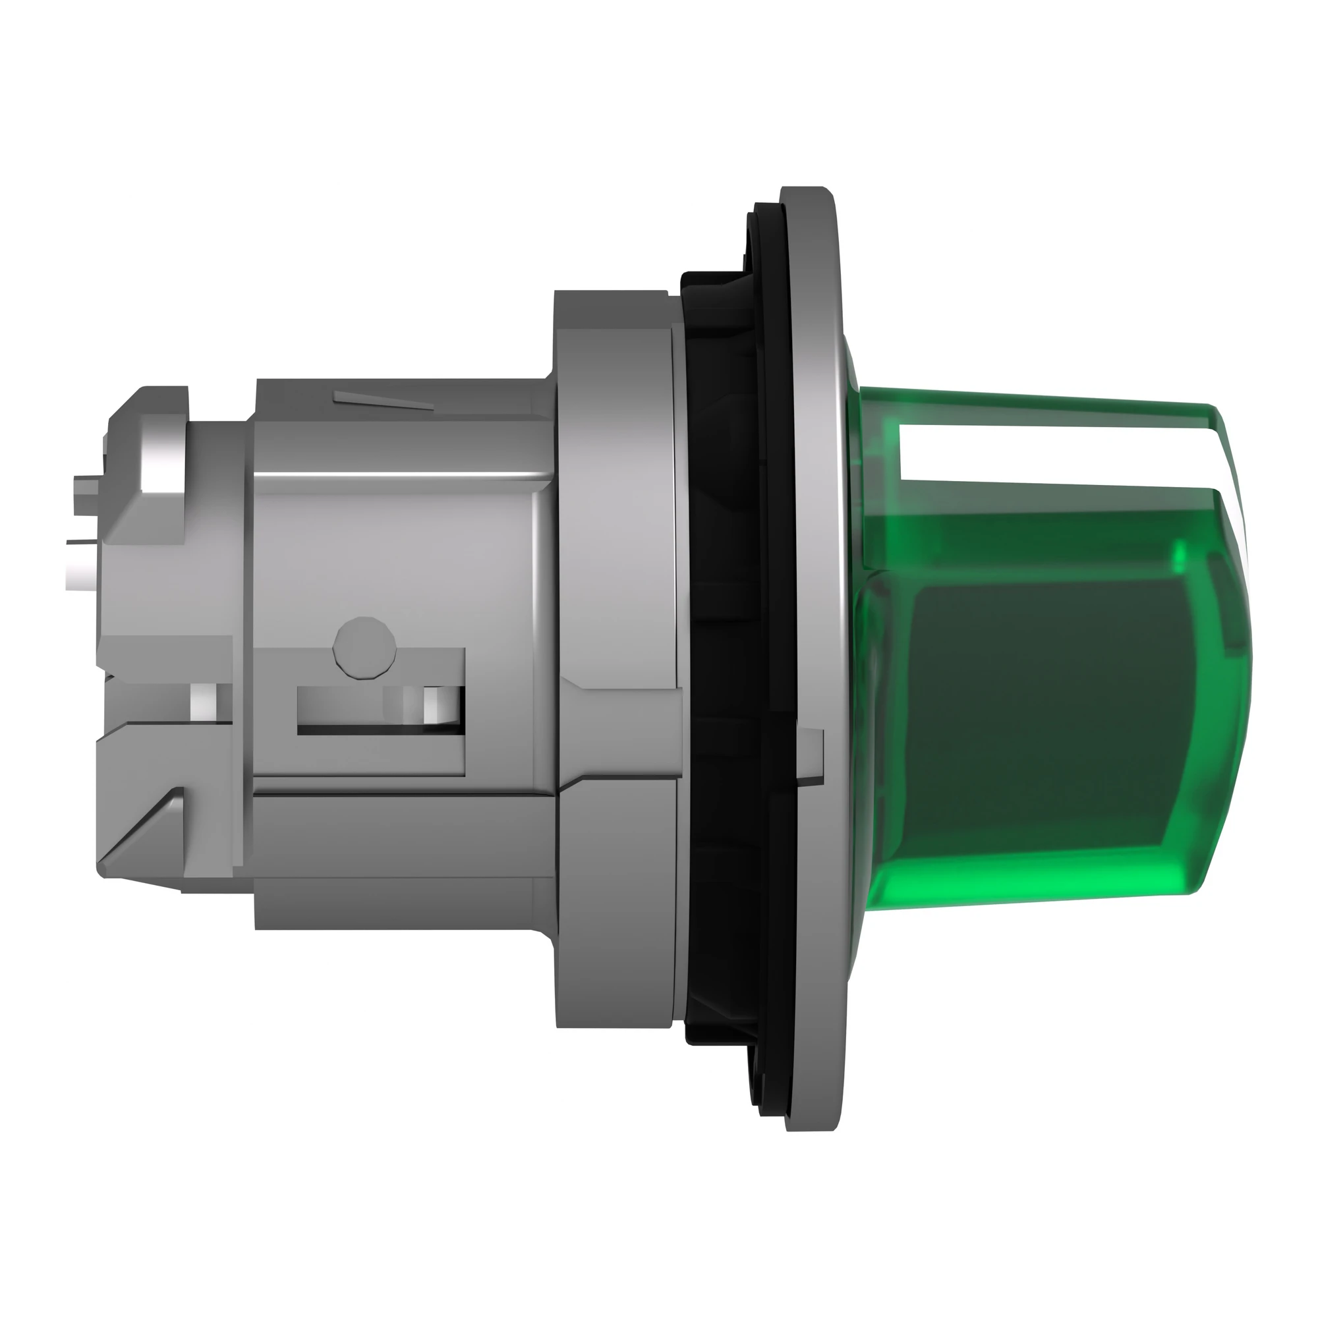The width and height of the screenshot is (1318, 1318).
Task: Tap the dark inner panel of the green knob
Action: point(1050,710)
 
